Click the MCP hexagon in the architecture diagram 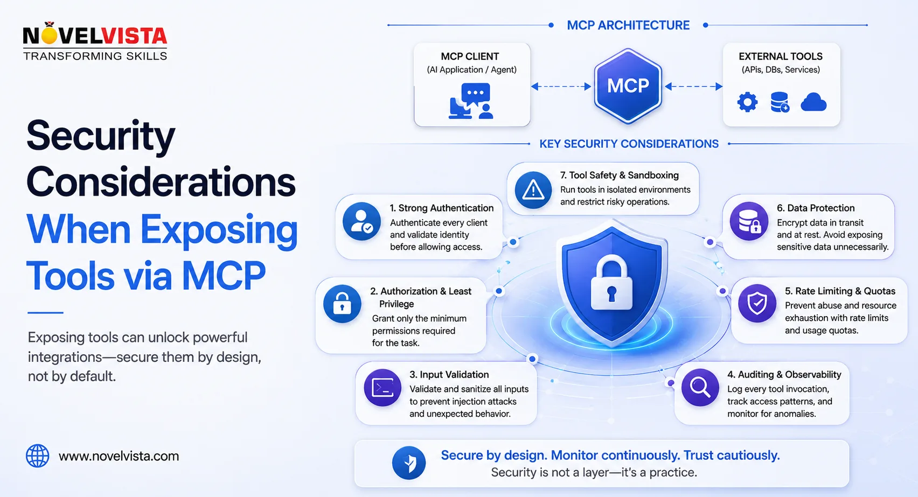628,86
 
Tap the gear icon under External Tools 747,102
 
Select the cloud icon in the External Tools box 813,102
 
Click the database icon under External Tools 780,102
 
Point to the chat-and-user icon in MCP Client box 471,101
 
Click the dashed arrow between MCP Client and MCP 561,87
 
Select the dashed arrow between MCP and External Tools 693,87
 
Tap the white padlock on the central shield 611,282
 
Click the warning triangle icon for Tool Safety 533,190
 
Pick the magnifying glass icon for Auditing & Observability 700,387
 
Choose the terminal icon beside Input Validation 382,388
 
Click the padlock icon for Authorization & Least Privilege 342,304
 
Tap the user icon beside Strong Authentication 361,221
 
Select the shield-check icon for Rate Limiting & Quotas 757,304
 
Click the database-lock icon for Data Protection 749,221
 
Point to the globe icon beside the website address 38,456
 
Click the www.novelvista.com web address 119,456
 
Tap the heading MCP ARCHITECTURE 628,25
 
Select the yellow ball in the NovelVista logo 49,36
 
